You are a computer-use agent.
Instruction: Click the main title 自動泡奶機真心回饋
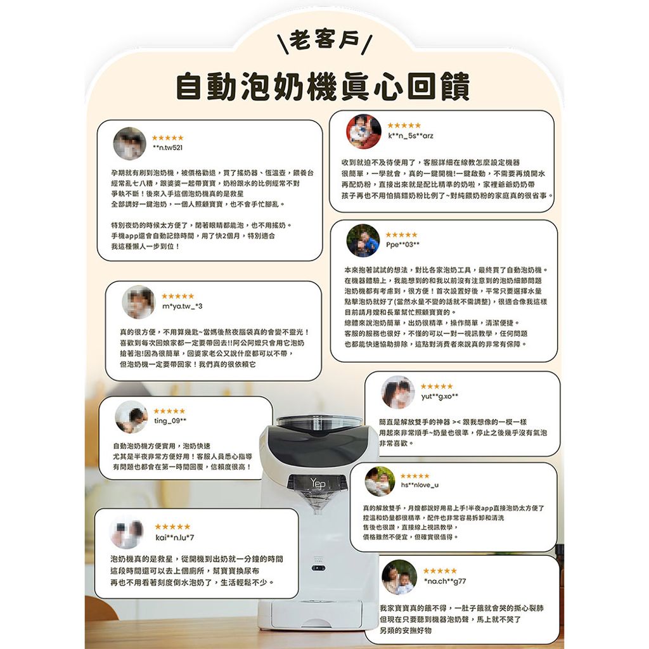[323, 86]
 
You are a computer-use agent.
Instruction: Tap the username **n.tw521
[167, 148]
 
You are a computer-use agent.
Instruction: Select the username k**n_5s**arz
[411, 136]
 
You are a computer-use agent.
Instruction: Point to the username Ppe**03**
[402, 245]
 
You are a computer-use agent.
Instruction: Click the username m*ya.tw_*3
[182, 306]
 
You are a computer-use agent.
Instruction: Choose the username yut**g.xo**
[440, 397]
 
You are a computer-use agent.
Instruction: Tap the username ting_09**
[170, 421]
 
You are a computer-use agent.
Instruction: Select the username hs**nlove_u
[420, 485]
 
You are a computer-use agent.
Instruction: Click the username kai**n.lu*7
[175, 537]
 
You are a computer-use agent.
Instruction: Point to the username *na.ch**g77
[445, 581]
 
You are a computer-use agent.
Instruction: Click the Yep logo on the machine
[318, 483]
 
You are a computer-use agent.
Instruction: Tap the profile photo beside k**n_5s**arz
[364, 131]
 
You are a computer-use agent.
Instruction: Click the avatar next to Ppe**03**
[363, 241]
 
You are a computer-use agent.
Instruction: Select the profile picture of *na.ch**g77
[399, 577]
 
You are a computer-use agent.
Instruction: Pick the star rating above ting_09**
[169, 411]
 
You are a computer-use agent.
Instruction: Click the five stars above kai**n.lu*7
[172, 527]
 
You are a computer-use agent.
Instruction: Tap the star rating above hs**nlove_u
[415, 476]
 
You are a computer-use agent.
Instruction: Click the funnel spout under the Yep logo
[318, 503]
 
